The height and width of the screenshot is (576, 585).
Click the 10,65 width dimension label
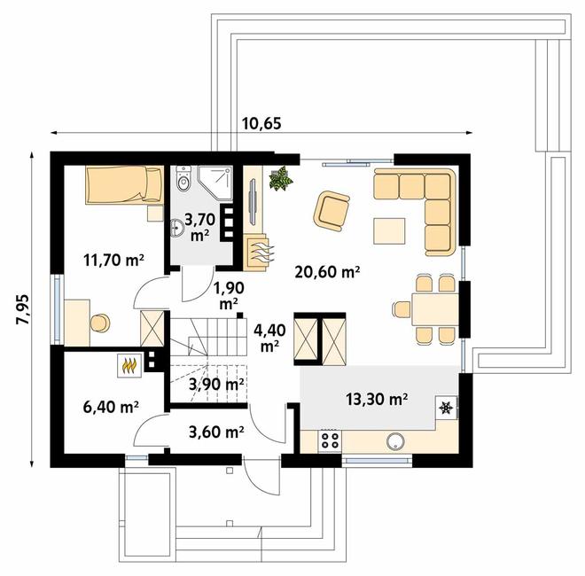point(261,122)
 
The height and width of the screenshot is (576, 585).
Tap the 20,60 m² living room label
point(327,273)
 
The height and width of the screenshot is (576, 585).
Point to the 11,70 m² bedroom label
point(113,260)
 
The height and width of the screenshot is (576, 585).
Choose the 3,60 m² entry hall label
point(216,432)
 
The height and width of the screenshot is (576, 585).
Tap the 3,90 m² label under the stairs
point(216,385)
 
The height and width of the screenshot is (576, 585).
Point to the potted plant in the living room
point(282,179)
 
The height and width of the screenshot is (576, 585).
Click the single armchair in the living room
point(331,210)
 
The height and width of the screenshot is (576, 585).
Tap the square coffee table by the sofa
point(390,230)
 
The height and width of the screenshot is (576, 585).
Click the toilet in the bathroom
point(183,180)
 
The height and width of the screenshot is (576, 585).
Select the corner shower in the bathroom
point(217,184)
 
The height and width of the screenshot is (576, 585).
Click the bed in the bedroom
point(123,186)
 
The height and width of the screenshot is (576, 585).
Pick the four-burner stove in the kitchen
point(329,440)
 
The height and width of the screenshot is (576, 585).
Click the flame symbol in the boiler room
point(129,362)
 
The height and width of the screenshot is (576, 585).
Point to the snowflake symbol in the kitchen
point(446,409)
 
